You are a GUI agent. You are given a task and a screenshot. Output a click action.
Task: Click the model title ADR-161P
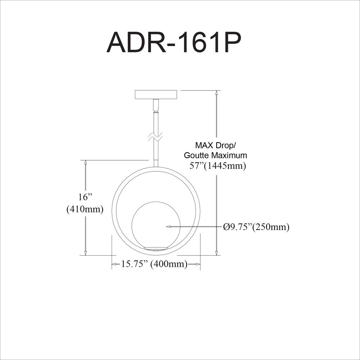coord(174,42)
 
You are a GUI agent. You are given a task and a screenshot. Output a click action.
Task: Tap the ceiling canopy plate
coord(156,94)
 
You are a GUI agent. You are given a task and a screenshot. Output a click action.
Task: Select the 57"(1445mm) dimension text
coord(218,166)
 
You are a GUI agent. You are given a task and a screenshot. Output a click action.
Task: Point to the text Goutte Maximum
coord(215,156)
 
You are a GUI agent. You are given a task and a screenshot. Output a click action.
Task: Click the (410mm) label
coord(85,209)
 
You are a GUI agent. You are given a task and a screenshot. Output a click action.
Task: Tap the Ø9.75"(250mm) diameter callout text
coord(256,227)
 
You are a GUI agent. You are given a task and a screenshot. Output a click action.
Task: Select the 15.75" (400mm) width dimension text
coord(154,264)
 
